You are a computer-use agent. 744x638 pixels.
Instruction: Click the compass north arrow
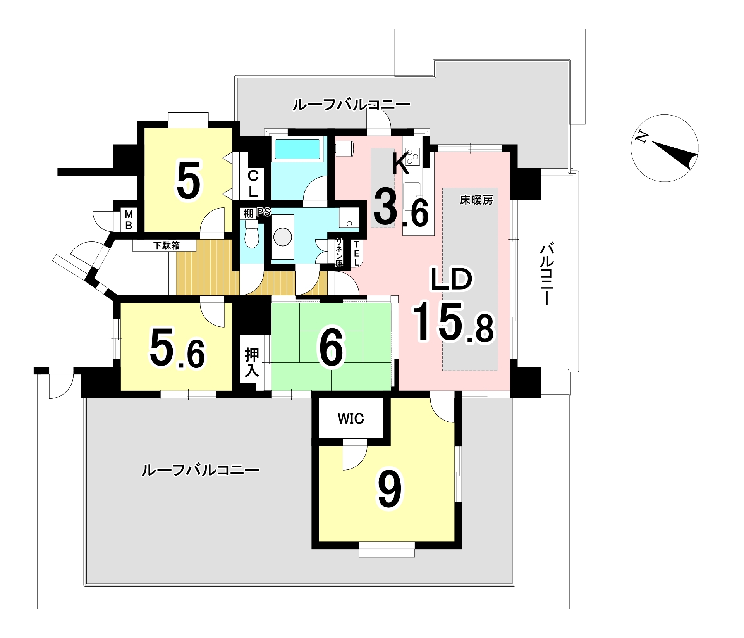[675, 155]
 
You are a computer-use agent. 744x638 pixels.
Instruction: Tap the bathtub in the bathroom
[297, 149]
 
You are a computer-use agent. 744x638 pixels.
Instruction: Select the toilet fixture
[251, 234]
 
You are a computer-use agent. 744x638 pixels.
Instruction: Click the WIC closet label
[351, 419]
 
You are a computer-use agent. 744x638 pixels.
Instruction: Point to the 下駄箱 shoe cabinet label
[166, 246]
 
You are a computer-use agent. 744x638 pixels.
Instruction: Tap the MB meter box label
[129, 220]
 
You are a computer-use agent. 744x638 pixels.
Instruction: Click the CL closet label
[253, 184]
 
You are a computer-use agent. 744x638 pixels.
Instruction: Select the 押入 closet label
[251, 363]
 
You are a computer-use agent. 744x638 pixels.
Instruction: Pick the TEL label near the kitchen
[356, 253]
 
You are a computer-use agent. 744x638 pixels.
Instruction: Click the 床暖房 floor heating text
[476, 200]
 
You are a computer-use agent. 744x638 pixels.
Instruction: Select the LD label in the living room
[452, 279]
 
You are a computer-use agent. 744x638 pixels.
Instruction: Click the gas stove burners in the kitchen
[412, 156]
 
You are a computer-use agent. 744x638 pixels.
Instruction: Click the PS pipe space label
[263, 212]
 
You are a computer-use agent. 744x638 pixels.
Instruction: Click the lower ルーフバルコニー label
[200, 470]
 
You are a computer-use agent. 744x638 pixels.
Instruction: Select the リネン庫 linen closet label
[339, 252]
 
